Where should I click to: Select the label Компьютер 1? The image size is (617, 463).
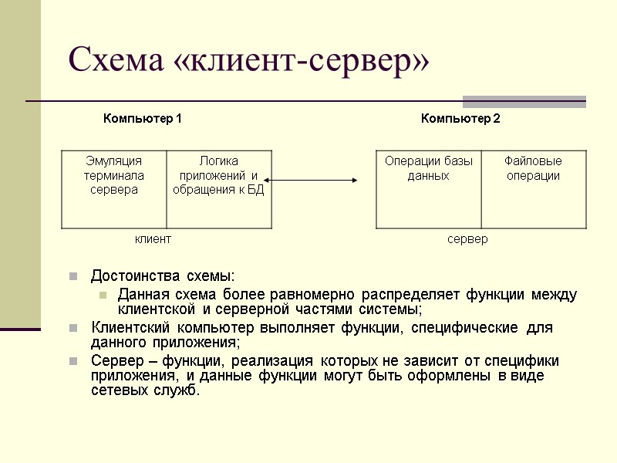click(143, 119)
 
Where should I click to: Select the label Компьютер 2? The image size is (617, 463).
click(460, 119)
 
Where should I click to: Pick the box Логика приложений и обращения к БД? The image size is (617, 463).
click(219, 189)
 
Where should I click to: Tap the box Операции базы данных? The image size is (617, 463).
click(428, 189)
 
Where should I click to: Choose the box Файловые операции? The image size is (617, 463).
click(533, 189)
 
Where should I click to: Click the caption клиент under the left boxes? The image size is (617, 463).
click(153, 239)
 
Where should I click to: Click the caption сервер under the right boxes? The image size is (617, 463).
click(467, 239)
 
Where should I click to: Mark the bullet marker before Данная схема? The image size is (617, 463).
click(101, 294)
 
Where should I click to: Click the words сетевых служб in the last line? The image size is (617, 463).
click(145, 390)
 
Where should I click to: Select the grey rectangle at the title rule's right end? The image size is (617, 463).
click(524, 101)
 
